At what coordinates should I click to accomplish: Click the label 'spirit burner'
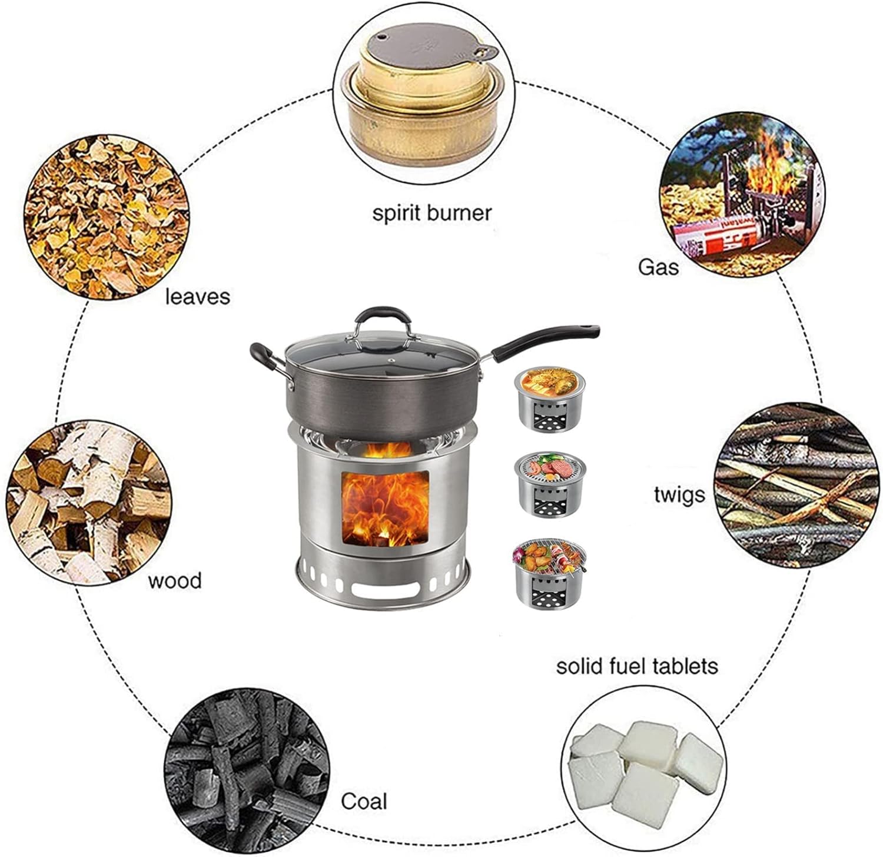point(431,212)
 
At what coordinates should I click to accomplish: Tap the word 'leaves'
point(197,296)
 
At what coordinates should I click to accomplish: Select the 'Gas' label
point(658,267)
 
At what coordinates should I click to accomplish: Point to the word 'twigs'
point(679,495)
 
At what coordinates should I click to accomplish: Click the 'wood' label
point(174,580)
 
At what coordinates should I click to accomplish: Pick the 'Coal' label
point(364,801)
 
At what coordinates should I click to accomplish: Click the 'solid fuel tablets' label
point(637,666)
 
